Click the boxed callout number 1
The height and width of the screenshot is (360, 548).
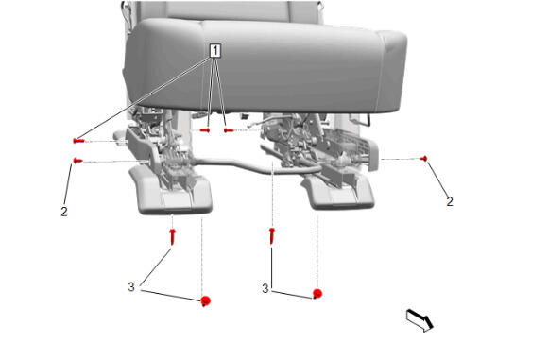coord(215,51)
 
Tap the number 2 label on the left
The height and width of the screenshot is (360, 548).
coord(64,212)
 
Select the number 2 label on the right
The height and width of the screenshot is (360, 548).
coord(450,201)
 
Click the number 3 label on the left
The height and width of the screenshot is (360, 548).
coord(131,287)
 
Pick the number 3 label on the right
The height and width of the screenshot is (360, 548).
coord(265,288)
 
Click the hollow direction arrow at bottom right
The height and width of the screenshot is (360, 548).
coord(420,320)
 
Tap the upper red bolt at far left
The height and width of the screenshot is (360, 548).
coord(78,141)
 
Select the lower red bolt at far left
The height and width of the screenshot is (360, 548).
coord(77,161)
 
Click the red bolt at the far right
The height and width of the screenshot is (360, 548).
coord(423,159)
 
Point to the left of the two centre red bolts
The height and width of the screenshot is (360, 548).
coord(205,130)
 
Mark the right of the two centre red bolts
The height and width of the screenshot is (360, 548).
coord(229,130)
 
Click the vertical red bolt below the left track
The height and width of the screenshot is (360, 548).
coord(172,236)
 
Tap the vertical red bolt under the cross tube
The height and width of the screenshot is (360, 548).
coord(272,236)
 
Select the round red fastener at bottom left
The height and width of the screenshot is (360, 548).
coord(206,300)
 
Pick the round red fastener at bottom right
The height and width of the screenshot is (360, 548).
coord(317,294)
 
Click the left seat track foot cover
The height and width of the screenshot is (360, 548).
coord(171,191)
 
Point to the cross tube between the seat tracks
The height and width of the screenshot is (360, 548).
coord(245,165)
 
